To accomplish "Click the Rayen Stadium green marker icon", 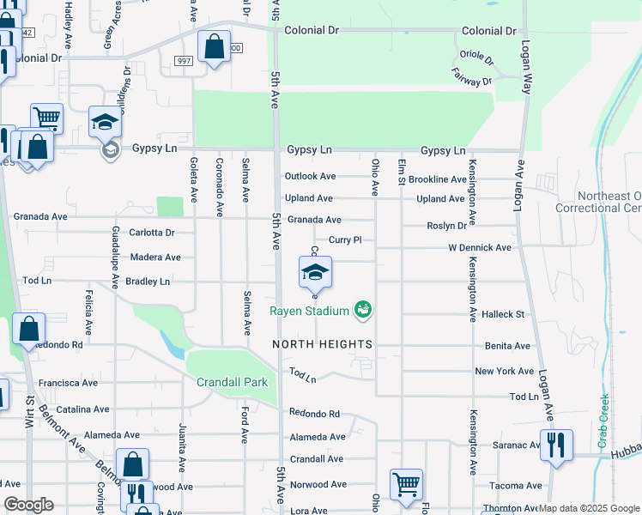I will [363, 309].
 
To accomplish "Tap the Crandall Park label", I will [232, 382].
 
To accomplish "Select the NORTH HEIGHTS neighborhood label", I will [323, 344].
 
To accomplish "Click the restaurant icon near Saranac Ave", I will [556, 445].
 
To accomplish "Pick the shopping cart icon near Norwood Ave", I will [405, 483].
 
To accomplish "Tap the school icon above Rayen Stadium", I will [315, 273].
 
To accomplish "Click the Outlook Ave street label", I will [310, 177].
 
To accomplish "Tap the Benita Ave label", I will [507, 346].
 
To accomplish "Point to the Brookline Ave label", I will [438, 180].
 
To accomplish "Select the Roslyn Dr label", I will [447, 226].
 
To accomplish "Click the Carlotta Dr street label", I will [151, 233].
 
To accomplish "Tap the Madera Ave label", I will [155, 257].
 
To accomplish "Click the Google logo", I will [28, 505].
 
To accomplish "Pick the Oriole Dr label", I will [476, 59].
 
